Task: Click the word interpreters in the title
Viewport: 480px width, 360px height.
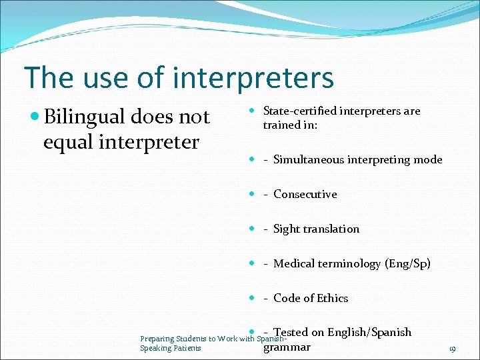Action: pos(254,78)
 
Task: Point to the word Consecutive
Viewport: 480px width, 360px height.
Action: pos(305,194)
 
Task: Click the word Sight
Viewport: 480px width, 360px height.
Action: pos(287,229)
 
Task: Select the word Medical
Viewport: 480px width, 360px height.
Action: pos(294,263)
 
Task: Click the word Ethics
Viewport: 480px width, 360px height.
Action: pos(332,298)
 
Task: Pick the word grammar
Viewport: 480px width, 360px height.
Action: pos(287,347)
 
